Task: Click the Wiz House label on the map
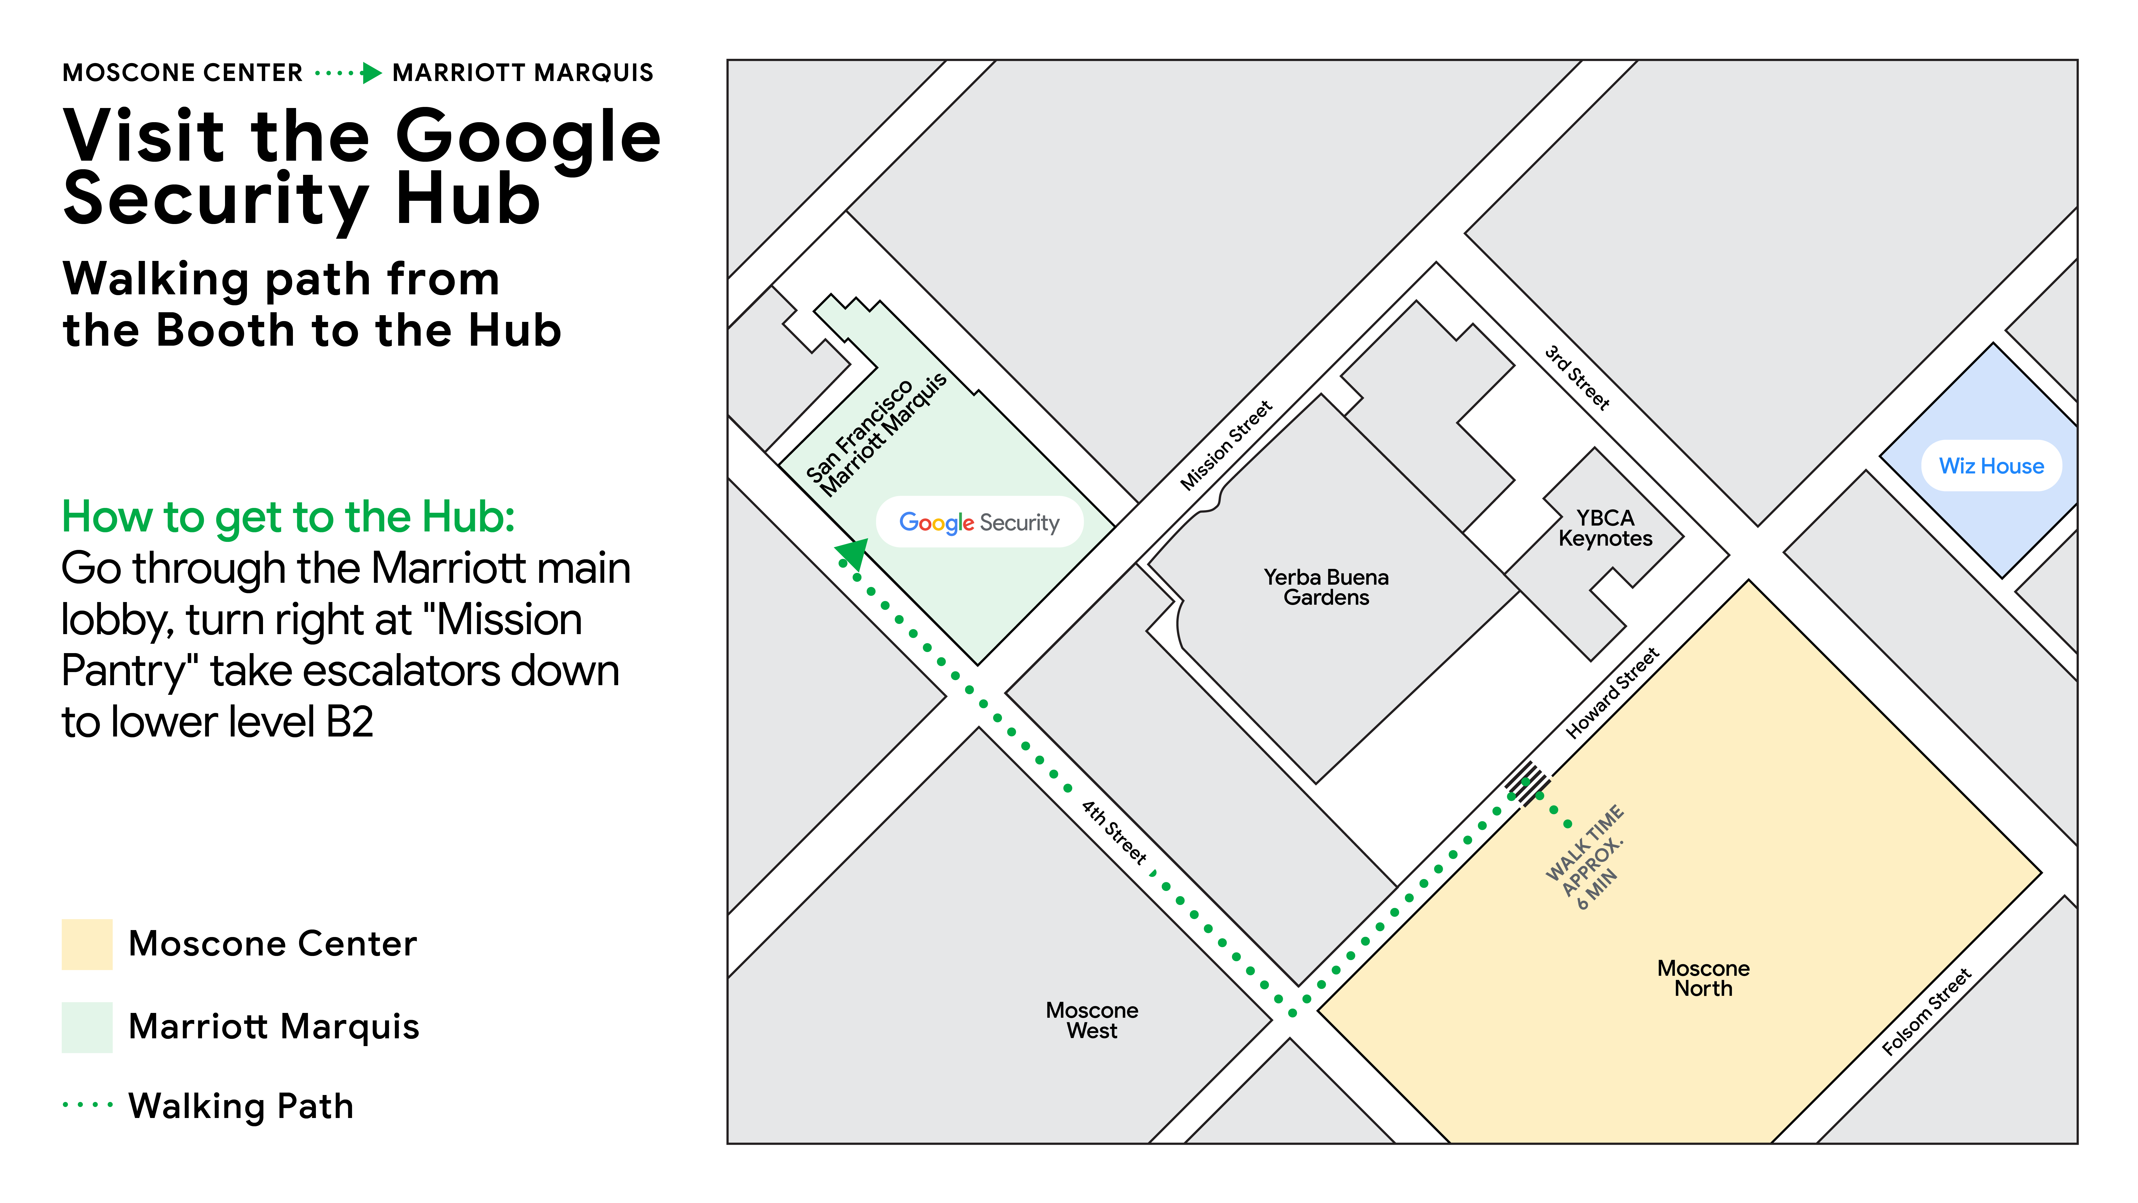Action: point(1990,466)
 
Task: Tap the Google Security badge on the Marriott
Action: point(979,522)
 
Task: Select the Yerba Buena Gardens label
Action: point(1326,587)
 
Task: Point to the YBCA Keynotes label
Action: point(1605,528)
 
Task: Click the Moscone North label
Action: point(1703,978)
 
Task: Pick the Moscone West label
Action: point(1091,1020)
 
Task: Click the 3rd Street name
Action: point(1577,378)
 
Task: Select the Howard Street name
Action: point(1612,693)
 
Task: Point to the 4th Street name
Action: point(1114,832)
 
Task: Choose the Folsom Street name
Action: point(1926,1011)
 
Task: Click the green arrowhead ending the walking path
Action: point(852,553)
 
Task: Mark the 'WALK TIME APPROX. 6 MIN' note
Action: point(1585,857)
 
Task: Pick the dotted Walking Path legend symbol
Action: point(87,1105)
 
